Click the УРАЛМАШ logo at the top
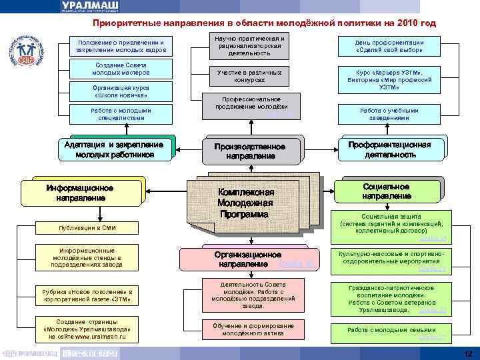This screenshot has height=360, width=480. [93, 6]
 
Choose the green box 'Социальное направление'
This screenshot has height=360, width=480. [387, 191]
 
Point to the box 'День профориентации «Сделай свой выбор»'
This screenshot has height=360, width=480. [389, 46]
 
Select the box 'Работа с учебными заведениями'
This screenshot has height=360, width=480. [389, 114]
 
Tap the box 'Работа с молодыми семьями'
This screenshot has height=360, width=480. [389, 331]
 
